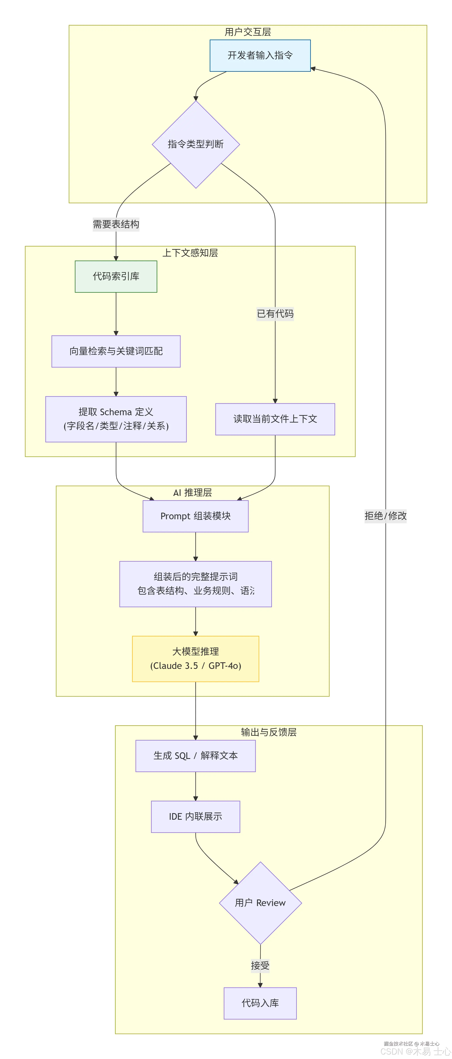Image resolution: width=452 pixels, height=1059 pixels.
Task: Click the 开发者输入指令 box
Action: pyautogui.click(x=260, y=56)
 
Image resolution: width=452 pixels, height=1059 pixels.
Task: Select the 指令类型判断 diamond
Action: pyautogui.click(x=196, y=144)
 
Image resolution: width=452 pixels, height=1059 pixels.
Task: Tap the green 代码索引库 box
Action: pyautogui.click(x=116, y=276)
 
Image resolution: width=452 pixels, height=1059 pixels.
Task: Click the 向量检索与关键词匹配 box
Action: pyautogui.click(x=116, y=351)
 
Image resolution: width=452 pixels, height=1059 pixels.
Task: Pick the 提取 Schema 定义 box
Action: pyautogui.click(x=116, y=419)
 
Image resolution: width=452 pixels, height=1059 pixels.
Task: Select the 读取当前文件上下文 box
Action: pyautogui.click(x=275, y=419)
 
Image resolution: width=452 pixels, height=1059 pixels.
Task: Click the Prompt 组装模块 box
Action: pyautogui.click(x=196, y=516)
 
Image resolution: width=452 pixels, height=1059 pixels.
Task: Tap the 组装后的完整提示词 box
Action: pyautogui.click(x=196, y=584)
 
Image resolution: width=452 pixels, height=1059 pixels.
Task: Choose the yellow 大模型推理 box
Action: pyautogui.click(x=196, y=659)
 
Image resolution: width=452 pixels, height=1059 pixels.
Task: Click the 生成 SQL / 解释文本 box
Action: pyautogui.click(x=196, y=756)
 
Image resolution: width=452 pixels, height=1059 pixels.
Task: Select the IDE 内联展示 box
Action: pyautogui.click(x=196, y=816)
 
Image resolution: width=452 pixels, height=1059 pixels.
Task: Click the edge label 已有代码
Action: pyautogui.click(x=275, y=314)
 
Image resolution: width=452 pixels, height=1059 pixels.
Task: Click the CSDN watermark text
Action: pyautogui.click(x=415, y=1051)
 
